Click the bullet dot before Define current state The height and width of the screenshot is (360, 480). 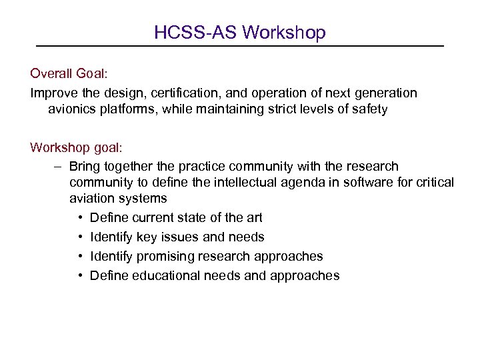79,218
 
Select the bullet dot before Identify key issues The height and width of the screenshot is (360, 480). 79,237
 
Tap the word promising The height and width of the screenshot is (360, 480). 167,257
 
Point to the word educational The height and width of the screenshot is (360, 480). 157,276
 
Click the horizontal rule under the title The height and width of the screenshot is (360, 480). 239,45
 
